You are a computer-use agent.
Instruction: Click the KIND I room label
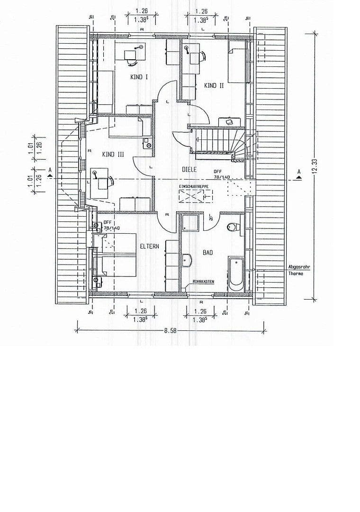139,77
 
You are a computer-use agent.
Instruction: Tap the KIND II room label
214,85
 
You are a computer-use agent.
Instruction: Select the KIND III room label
113,154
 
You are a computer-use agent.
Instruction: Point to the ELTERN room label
149,247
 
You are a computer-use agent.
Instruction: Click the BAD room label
207,253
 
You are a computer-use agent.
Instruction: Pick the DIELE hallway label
189,169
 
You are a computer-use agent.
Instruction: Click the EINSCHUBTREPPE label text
193,187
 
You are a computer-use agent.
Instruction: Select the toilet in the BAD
233,227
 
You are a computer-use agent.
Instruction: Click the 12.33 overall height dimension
314,166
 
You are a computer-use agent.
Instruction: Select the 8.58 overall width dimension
170,330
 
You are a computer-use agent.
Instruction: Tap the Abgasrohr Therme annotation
299,270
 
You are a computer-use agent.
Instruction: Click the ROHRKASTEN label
203,282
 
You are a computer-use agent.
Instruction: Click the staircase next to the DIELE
218,141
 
